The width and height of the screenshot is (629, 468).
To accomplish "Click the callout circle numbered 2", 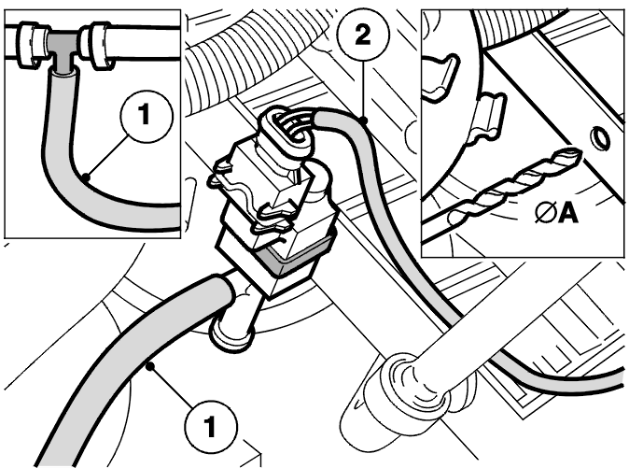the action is coord(363,35).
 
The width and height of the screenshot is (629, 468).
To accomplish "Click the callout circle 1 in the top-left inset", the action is coord(147,116).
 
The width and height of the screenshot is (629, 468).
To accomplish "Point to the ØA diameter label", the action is coord(556,213).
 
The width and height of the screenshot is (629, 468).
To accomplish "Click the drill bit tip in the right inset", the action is coord(578,153).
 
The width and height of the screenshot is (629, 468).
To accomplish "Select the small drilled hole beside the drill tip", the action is coord(600,138).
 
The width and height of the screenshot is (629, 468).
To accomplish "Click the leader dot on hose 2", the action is coord(363,120).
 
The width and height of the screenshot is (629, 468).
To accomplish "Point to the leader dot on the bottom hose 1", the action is coord(149,365).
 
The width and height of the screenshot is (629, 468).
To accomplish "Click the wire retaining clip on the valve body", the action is coord(251,192).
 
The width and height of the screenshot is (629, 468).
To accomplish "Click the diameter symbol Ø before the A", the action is coord(546,213).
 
